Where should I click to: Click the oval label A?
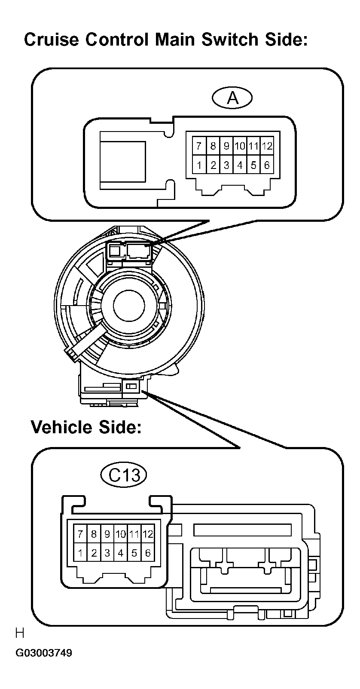click(232, 98)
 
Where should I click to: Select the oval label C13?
click(124, 475)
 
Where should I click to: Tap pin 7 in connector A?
click(199, 146)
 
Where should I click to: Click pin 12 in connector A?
click(267, 146)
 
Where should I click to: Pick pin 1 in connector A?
click(199, 165)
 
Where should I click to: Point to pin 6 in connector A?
click(267, 165)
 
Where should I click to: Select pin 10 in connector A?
click(240, 146)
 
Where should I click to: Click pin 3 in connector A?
click(226, 165)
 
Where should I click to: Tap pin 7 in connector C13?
click(80, 534)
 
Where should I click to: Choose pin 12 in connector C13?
click(147, 534)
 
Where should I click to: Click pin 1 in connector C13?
click(80, 553)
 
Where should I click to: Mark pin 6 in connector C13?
click(147, 553)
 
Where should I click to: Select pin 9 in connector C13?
click(107, 534)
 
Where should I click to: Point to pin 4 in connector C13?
click(121, 553)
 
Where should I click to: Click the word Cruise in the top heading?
click(51, 40)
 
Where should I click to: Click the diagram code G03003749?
click(44, 653)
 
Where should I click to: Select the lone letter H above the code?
click(19, 633)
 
